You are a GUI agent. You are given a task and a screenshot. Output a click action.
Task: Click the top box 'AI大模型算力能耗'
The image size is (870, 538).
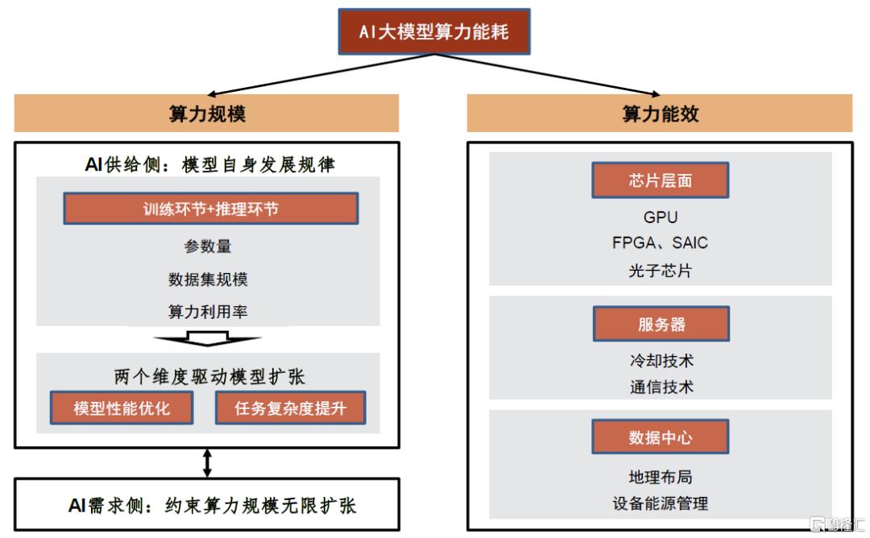point(434,31)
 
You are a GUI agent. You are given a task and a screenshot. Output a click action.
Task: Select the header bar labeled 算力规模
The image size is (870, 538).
point(206,113)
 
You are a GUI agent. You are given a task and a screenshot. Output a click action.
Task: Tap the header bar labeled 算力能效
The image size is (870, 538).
point(660,113)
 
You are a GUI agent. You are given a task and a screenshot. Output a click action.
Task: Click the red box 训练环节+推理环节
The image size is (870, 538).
point(211,209)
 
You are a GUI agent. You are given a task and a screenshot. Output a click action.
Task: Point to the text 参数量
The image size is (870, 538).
point(208,246)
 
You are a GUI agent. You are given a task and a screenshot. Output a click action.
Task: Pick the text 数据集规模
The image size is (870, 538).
point(208,279)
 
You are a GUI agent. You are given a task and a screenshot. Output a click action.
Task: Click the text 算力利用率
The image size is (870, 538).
point(208,312)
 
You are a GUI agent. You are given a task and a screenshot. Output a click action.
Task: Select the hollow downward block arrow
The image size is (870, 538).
point(207,337)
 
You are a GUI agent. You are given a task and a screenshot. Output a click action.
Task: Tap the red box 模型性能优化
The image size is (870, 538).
point(122,408)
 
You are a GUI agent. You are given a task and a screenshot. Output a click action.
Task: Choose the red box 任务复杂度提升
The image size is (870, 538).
point(290,408)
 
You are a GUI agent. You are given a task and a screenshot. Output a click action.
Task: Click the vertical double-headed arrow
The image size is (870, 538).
point(207,463)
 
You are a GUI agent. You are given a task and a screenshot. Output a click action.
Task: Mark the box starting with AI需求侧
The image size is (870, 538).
point(207,505)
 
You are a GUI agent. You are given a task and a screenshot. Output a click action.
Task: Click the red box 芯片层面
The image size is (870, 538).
point(661,180)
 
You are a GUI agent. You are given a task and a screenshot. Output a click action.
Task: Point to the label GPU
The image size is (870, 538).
point(661,217)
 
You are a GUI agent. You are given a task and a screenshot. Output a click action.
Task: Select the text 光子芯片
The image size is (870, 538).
point(661,271)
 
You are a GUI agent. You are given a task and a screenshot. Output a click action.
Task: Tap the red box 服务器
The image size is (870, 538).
point(661,324)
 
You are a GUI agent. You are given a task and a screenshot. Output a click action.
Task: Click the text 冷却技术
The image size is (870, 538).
point(661,361)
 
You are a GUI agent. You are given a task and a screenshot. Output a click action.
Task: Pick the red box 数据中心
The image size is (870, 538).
point(661,437)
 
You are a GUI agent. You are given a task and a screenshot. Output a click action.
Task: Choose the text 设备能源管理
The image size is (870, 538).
point(661,503)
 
